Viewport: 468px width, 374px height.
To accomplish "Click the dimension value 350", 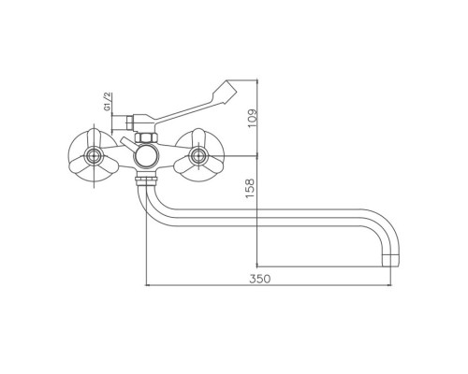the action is pyautogui.click(x=260, y=279).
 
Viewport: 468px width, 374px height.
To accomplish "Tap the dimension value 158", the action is pyautogui.click(x=250, y=188).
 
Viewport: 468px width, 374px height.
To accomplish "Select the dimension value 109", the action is pyautogui.click(x=252, y=118).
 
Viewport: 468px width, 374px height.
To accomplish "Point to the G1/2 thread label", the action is pyautogui.click(x=108, y=102).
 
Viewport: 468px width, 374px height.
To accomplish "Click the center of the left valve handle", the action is pyautogui.click(x=93, y=156).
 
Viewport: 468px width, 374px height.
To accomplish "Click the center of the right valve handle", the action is pyautogui.click(x=198, y=155).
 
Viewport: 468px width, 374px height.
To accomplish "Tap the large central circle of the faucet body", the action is pyautogui.click(x=145, y=156).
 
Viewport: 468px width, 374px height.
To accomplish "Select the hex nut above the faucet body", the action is pyautogui.click(x=146, y=137).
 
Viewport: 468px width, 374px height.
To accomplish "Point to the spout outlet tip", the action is pyautogui.click(x=391, y=261).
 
